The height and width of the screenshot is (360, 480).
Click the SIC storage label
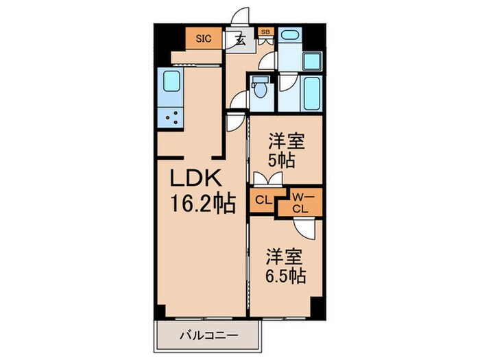click(x=204, y=39)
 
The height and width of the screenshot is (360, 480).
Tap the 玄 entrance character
click(x=241, y=40)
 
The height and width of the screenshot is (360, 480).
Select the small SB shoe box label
click(x=265, y=31)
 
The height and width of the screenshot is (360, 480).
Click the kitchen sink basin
click(x=169, y=83)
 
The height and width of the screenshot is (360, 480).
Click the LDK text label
click(x=195, y=180)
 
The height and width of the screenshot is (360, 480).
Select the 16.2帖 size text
click(x=204, y=204)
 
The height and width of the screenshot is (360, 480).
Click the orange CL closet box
click(x=262, y=201)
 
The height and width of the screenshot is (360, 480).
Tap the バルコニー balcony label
click(x=210, y=337)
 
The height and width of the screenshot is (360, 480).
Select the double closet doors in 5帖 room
click(x=266, y=180)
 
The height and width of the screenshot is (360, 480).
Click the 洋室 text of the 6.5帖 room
click(x=286, y=254)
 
